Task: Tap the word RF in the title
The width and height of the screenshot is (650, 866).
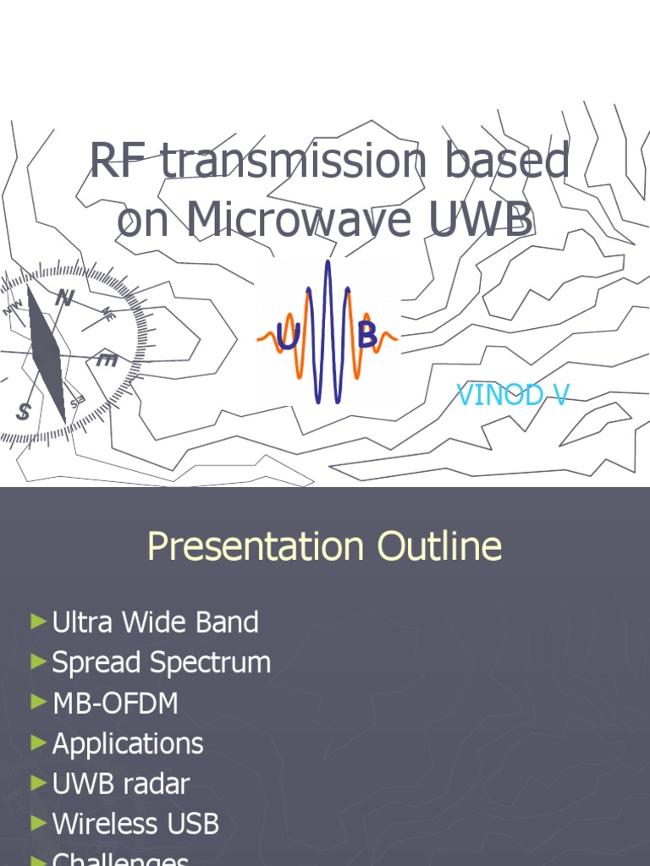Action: tap(119, 162)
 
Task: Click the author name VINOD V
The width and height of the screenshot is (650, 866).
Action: tap(513, 394)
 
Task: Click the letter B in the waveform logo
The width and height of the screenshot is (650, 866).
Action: tap(366, 337)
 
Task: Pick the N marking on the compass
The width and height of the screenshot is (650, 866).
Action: tap(64, 298)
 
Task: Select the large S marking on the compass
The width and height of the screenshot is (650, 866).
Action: tap(23, 412)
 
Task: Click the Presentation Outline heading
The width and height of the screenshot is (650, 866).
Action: tap(324, 546)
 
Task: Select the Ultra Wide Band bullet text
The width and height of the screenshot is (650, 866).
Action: tap(155, 622)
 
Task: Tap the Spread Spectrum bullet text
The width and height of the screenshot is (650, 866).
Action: tap(161, 662)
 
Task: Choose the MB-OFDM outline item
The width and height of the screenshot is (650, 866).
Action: tap(115, 703)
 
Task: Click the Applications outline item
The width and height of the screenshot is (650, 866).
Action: tap(128, 743)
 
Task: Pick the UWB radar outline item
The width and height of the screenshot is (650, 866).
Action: tap(121, 783)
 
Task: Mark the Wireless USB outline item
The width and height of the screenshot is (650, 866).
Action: tap(135, 823)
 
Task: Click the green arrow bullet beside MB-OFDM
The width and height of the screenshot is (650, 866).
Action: tap(38, 702)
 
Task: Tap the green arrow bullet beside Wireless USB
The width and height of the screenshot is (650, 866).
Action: tap(38, 822)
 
